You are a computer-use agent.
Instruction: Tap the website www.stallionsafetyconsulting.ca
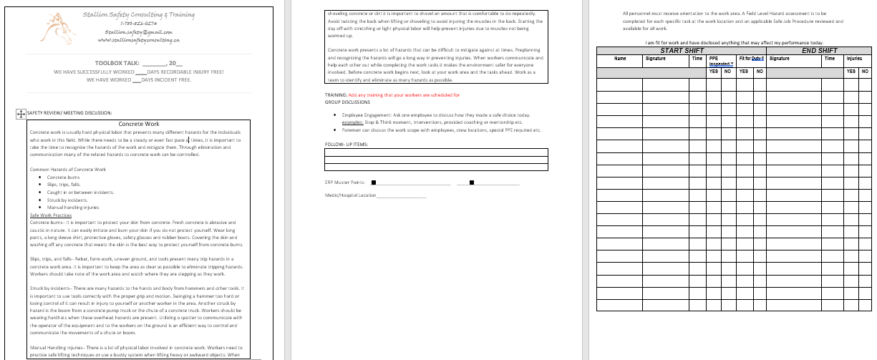click(138, 40)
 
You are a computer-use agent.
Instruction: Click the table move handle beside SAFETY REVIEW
click(21, 113)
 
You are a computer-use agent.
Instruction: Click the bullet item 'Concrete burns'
click(63, 177)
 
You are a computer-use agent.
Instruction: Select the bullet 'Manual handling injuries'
click(73, 207)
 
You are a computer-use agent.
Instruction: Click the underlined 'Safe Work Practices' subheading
click(51, 215)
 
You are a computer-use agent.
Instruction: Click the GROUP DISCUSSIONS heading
click(347, 102)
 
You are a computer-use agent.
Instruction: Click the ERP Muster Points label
click(345, 182)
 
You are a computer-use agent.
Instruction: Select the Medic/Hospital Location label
click(350, 195)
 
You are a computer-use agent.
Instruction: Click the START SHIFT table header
click(682, 51)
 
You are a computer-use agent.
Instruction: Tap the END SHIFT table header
click(820, 51)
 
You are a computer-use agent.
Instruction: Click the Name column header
click(620, 59)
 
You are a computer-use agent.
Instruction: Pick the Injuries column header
click(854, 59)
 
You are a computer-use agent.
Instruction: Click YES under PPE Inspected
click(714, 72)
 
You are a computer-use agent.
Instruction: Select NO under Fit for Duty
click(759, 72)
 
